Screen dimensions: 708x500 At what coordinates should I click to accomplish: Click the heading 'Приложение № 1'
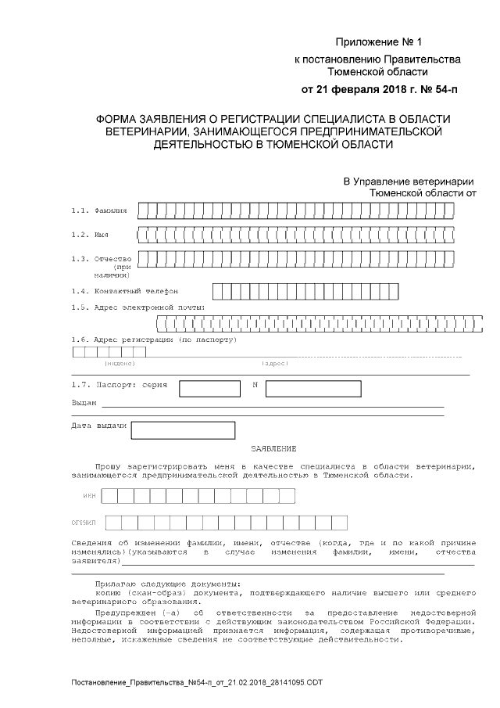pos(378,41)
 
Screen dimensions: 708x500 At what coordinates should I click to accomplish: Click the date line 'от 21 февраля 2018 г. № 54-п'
pos(380,89)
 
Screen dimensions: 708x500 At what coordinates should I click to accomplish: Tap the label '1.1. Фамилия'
pos(98,211)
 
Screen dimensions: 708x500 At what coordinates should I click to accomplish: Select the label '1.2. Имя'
pos(90,235)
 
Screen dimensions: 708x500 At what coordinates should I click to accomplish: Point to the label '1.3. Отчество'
pos(101,258)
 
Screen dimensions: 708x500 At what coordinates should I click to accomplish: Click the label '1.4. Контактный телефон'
pos(124,291)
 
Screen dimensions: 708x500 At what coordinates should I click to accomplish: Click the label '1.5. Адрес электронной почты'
pos(137,307)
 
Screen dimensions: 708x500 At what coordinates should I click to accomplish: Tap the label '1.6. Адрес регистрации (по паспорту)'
pos(153,340)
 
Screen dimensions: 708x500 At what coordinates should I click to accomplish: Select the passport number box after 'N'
pos(312,389)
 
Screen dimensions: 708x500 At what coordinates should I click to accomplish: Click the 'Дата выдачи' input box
pos(183,430)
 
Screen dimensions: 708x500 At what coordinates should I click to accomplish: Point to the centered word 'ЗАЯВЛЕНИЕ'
pos(273,448)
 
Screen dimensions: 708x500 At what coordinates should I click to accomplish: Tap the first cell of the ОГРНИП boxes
pos(113,522)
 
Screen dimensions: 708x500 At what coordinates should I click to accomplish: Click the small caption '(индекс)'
pos(120,363)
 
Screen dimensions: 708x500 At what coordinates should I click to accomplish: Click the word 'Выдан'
pos(84,403)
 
